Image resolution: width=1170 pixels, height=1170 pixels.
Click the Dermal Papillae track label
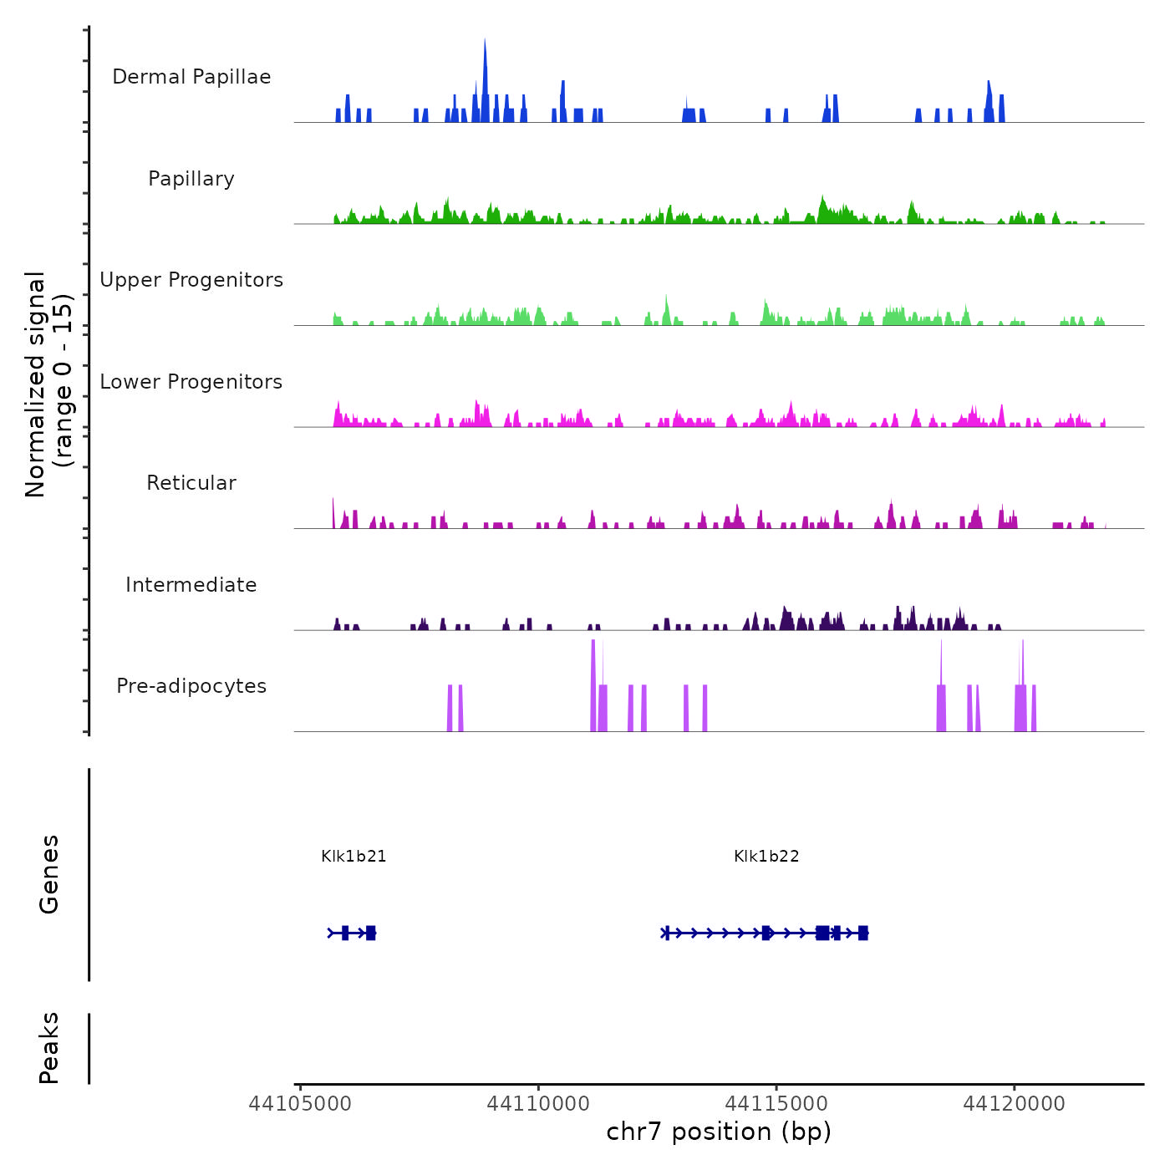(x=191, y=77)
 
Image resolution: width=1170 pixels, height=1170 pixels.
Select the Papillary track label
(x=191, y=179)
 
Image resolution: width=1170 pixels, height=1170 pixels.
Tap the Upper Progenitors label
(x=191, y=280)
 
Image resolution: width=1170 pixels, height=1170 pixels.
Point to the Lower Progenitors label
(x=191, y=382)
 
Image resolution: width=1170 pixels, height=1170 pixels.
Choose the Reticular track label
(x=191, y=483)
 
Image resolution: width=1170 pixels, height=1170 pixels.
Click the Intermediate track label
(x=191, y=585)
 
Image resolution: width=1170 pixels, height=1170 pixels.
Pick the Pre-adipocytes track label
(x=191, y=686)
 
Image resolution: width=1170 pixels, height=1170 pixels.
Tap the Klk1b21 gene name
(x=354, y=857)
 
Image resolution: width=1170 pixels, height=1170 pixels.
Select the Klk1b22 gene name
(x=766, y=857)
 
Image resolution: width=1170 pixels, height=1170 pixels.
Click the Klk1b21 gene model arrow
(x=352, y=933)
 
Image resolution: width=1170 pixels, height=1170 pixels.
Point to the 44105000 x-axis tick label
(x=300, y=1104)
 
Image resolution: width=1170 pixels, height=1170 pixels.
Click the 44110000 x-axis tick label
(x=538, y=1104)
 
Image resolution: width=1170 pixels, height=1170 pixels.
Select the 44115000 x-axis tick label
(x=776, y=1104)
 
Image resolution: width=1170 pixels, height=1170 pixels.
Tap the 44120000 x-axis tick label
(x=1015, y=1104)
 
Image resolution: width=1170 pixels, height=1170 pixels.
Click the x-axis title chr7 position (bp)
(x=719, y=1132)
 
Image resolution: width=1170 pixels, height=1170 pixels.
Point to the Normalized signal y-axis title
(x=48, y=384)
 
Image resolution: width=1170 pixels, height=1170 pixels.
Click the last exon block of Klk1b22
(x=863, y=933)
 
